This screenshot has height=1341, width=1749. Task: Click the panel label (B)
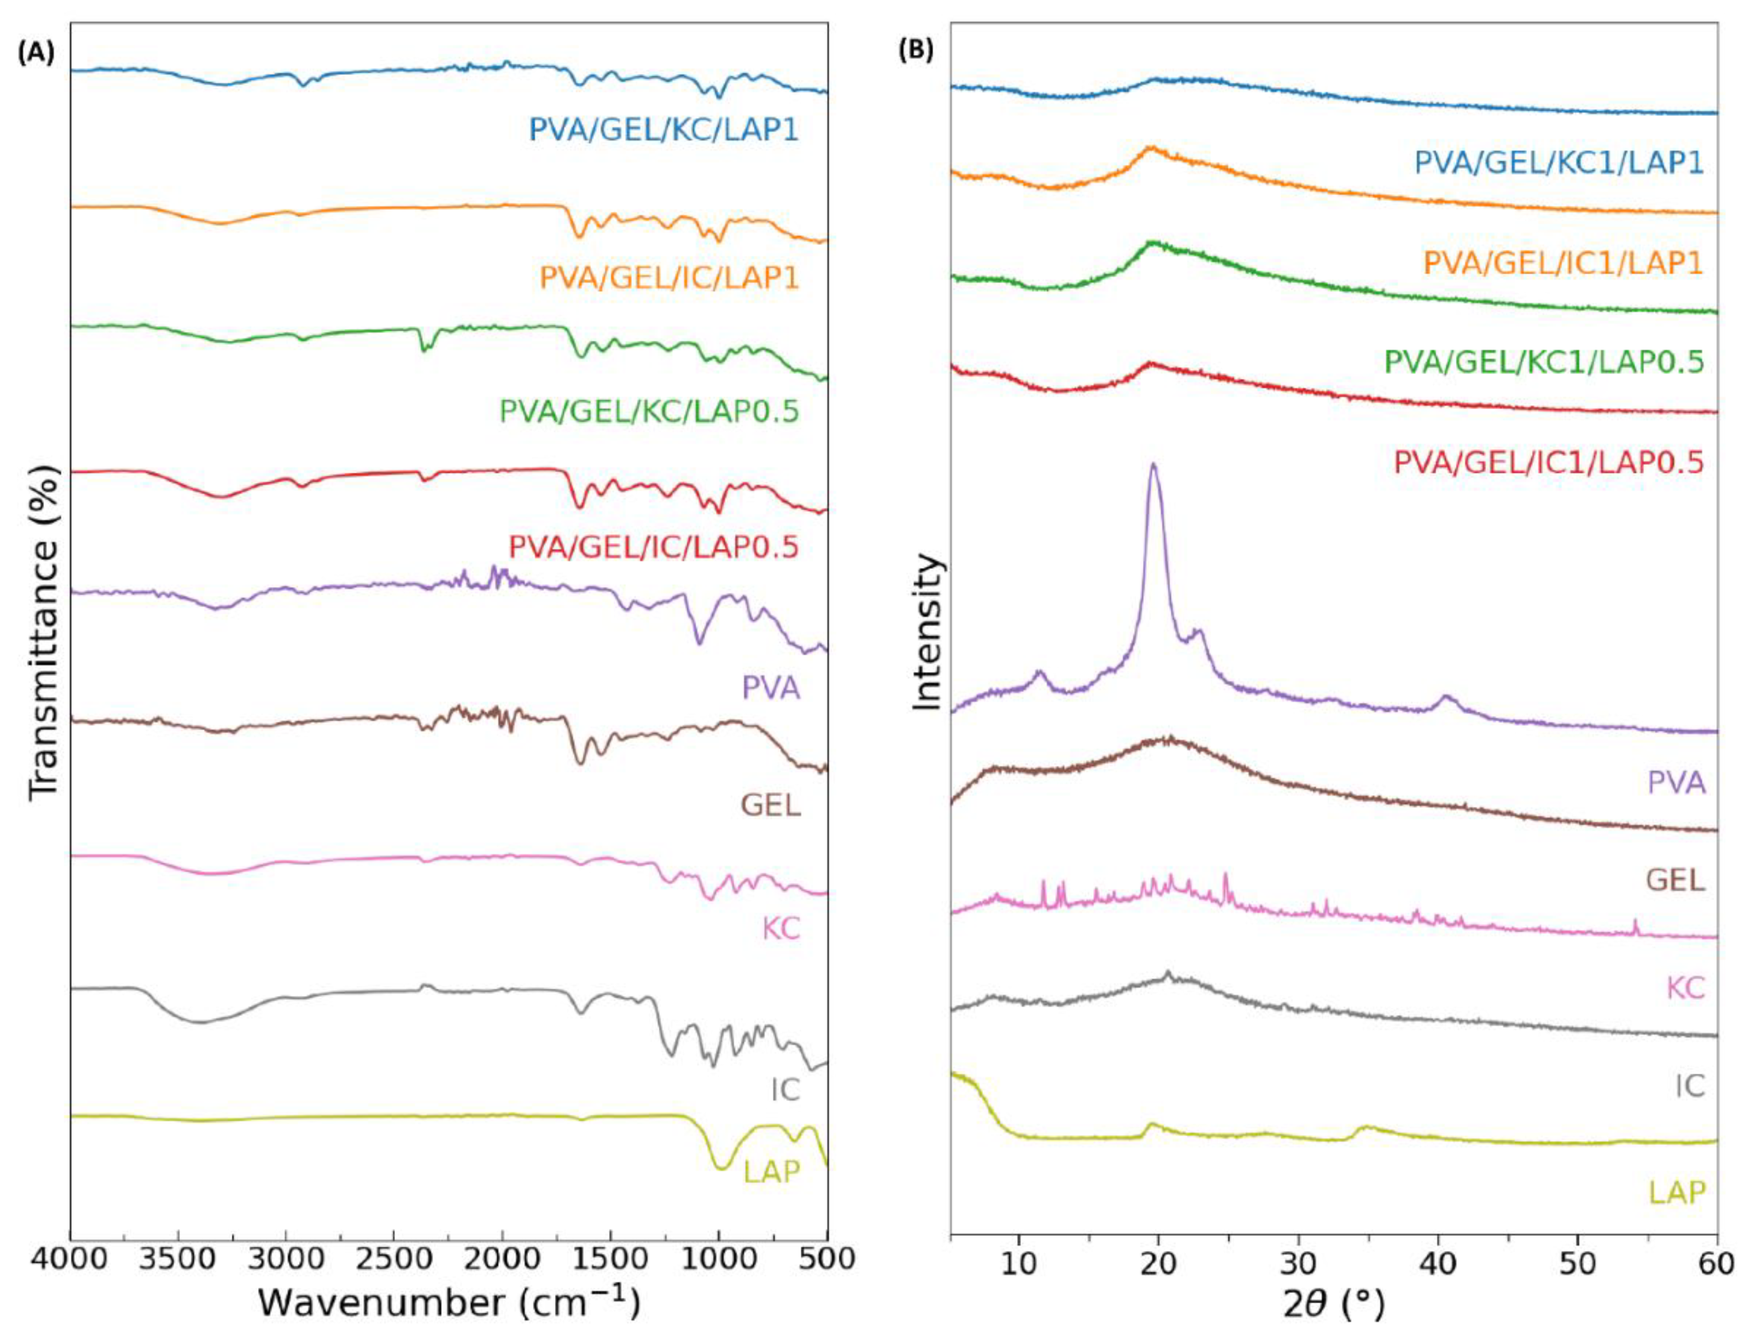coord(916,50)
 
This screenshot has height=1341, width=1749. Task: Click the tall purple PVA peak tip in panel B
coord(1152,465)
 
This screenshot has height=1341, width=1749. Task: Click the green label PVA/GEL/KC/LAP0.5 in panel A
coord(649,412)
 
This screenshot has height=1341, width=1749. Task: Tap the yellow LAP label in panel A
coord(772,1172)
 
